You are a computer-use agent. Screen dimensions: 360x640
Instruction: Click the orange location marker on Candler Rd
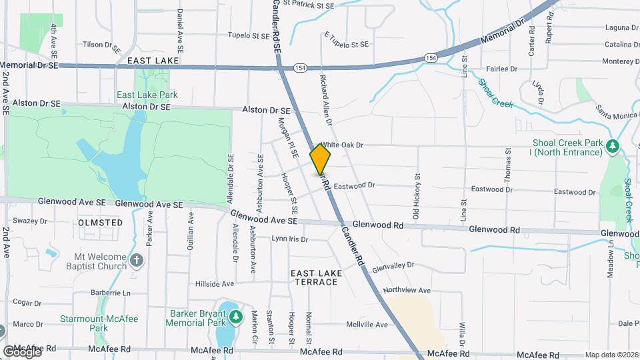[x=320, y=159]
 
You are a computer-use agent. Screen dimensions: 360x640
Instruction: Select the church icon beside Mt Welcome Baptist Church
[x=137, y=259]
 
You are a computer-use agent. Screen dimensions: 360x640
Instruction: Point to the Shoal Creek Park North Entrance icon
[x=613, y=146]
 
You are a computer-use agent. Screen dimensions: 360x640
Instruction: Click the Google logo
[x=21, y=351]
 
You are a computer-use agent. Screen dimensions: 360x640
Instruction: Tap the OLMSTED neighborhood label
[x=100, y=222]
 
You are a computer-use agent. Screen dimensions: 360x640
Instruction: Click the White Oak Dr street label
[x=341, y=145]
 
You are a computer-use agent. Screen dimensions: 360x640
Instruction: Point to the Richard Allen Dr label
[x=325, y=101]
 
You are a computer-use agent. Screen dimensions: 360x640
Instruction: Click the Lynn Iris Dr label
[x=289, y=239]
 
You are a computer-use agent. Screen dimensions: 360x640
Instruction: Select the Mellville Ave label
[x=367, y=325]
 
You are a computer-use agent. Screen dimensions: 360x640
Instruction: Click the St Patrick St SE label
[x=306, y=5]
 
